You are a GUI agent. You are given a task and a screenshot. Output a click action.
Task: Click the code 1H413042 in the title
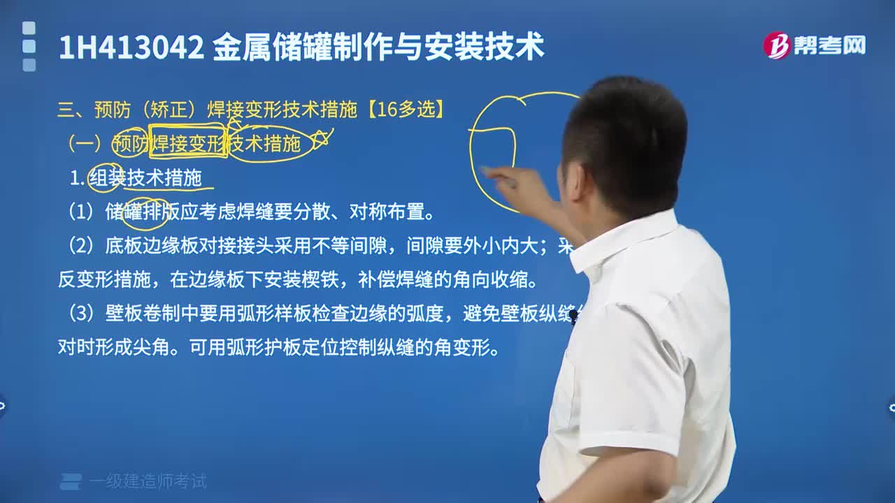tap(131, 48)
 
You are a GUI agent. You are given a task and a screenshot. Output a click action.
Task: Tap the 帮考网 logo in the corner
tap(814, 45)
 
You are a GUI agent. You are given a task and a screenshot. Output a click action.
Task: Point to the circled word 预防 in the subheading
tap(130, 144)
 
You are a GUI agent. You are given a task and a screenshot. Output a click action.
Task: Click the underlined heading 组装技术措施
tap(145, 178)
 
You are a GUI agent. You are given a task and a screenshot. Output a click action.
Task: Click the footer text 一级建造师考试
tap(148, 481)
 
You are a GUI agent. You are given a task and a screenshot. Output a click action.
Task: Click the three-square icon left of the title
tap(29, 46)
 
